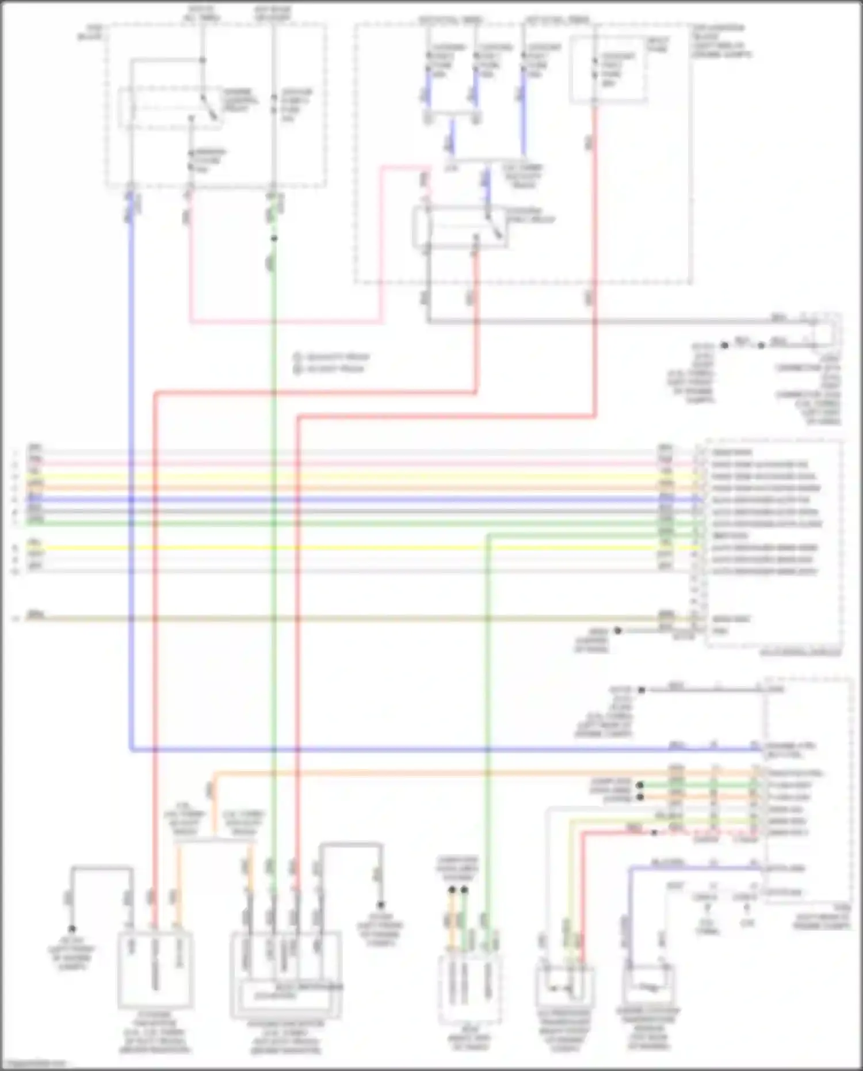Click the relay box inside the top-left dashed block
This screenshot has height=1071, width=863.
pos(170,108)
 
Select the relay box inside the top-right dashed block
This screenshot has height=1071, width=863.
pos(460,228)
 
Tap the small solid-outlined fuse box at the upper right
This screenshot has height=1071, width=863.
pos(608,70)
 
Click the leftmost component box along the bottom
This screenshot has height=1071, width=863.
pos(155,970)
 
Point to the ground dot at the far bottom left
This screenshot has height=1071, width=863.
pos(72,929)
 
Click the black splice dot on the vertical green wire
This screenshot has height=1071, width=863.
pos(274,238)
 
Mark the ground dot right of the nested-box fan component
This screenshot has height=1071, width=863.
pos(380,905)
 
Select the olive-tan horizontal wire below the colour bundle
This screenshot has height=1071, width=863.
pos(345,619)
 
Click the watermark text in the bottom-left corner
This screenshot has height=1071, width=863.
pos(35,1064)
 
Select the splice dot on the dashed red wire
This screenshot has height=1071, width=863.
pos(654,833)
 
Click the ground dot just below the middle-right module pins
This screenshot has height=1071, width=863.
pos(617,631)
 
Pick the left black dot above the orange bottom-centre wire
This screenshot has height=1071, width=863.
pos(452,890)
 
